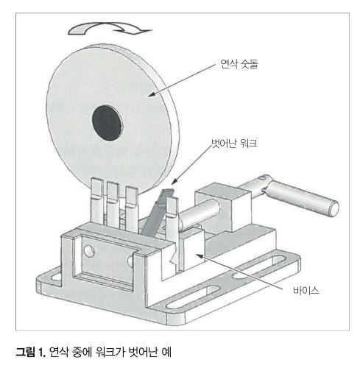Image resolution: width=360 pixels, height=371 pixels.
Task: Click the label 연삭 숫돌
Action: [239, 64]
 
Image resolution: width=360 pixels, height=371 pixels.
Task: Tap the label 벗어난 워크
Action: [234, 144]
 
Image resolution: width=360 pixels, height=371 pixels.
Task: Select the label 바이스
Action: [306, 291]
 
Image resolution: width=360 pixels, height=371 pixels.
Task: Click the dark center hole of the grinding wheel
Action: [107, 123]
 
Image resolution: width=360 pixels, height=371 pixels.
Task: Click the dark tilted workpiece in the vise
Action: [156, 213]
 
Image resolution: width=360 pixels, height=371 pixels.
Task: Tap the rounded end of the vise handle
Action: [333, 208]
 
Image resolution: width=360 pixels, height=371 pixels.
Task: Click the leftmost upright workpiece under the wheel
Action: [97, 200]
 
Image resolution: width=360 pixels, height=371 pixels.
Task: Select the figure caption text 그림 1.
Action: [31, 353]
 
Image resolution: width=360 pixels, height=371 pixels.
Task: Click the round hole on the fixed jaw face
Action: [89, 251]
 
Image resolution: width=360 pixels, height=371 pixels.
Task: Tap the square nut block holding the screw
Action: [223, 207]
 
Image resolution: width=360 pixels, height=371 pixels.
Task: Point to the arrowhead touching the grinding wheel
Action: [151, 94]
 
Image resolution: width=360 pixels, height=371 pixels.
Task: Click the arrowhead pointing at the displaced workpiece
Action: [174, 181]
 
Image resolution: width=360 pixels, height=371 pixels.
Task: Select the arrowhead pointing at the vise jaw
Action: [200, 256]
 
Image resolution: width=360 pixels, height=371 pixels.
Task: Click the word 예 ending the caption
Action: [166, 353]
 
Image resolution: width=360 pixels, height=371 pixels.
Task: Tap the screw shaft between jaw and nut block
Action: [200, 213]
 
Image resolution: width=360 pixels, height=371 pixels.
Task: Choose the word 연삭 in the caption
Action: [58, 353]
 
